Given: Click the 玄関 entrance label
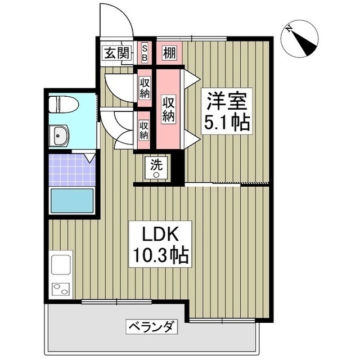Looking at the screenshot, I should point(116,53).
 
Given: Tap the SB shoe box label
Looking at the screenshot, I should point(145,53).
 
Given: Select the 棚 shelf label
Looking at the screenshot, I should point(169,53).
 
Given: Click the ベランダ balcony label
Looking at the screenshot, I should point(152,326).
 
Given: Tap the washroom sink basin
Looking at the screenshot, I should point(59,135).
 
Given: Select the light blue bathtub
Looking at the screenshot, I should point(71,200).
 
